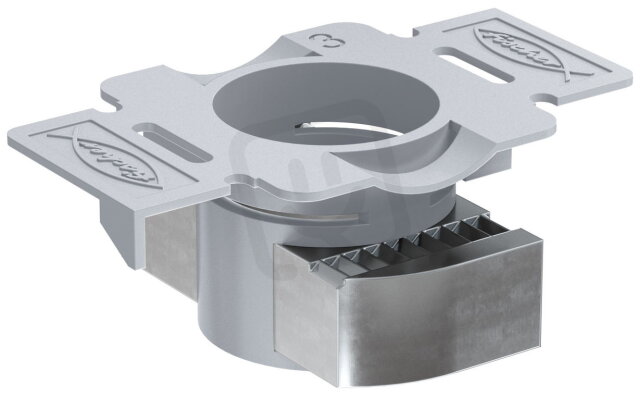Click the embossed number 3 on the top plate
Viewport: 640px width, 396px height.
click(x=322, y=42)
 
